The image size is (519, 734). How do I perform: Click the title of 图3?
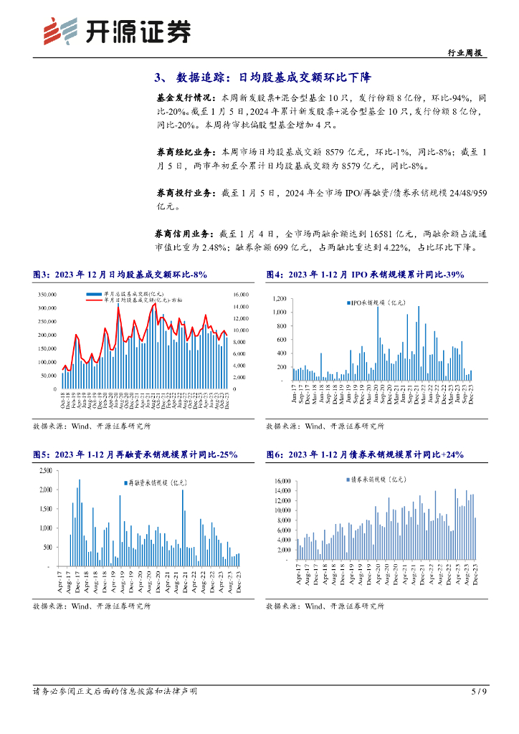tap(120, 274)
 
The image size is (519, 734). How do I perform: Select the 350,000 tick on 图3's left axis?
tap(46, 295)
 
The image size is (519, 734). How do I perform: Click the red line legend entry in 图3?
tap(133, 301)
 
